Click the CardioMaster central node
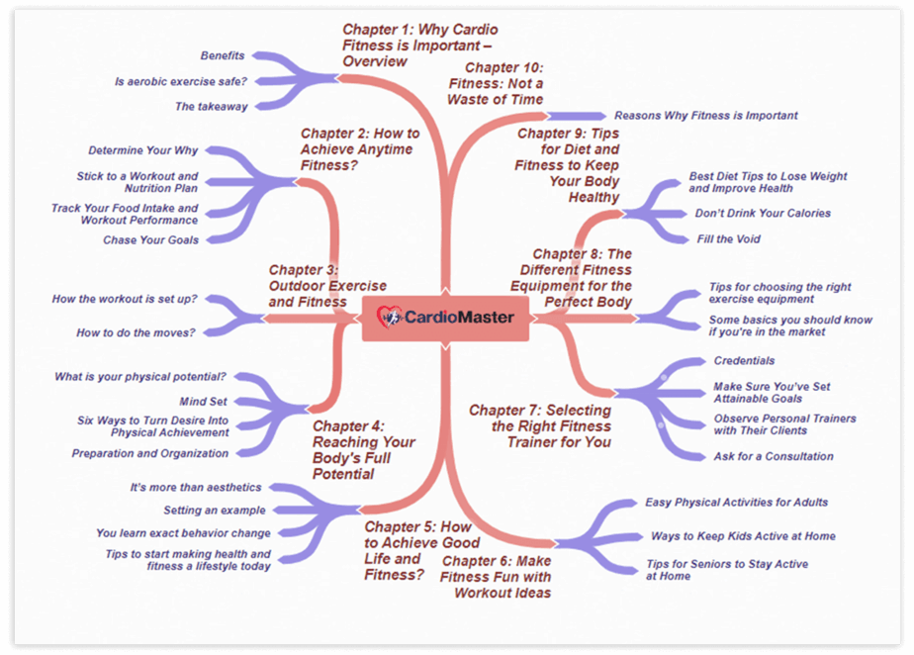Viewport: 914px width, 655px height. (445, 318)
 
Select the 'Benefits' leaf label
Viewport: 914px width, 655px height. (223, 55)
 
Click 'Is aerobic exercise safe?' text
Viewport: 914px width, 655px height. (181, 81)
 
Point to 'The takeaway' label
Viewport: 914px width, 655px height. (212, 107)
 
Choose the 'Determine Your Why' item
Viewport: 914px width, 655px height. (143, 150)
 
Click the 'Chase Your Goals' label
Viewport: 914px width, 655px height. (150, 239)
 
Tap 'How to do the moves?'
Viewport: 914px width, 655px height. (137, 332)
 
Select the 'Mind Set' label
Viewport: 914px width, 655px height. (204, 402)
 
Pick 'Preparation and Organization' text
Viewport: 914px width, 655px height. (149, 453)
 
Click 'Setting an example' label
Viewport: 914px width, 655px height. (215, 511)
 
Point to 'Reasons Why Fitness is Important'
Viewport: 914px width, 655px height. (705, 116)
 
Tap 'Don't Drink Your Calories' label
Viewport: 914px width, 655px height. (763, 213)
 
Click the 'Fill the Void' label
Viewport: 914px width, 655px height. (728, 238)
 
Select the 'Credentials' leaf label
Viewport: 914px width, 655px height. (744, 361)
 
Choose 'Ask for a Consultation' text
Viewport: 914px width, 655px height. (774, 456)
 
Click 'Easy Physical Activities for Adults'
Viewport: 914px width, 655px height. (737, 503)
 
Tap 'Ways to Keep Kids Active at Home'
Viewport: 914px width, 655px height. (743, 536)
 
